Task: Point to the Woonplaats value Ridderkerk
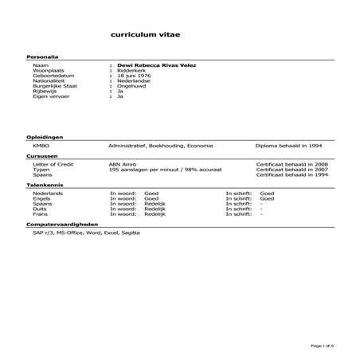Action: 131,70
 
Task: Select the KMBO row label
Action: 41,146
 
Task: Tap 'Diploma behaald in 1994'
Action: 289,146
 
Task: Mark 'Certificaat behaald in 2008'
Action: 292,163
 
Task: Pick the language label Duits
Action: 39,209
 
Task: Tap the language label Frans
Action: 39,214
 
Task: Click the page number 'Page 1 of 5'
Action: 323,346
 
